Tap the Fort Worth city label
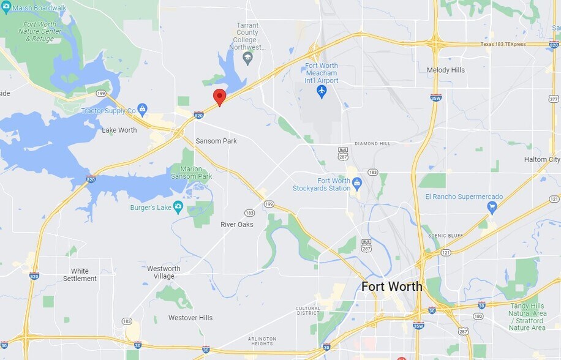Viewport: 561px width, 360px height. pos(391,286)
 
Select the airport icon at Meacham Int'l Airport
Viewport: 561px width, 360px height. pos(322,91)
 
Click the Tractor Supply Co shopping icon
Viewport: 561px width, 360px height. pos(143,110)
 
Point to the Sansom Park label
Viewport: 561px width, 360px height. pos(216,141)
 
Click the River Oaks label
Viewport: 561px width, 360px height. pos(237,224)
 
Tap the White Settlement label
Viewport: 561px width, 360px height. pos(80,275)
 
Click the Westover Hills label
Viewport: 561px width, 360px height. pos(190,318)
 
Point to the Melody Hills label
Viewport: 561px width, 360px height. pos(445,70)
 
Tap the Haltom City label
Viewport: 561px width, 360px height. pos(542,160)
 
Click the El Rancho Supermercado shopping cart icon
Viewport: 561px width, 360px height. pos(492,208)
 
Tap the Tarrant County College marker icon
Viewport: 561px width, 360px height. pos(248,59)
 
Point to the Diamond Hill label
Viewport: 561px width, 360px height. pos(372,144)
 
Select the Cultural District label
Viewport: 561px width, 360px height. pos(308,312)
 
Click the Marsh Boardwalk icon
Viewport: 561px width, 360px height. pos(6,8)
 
